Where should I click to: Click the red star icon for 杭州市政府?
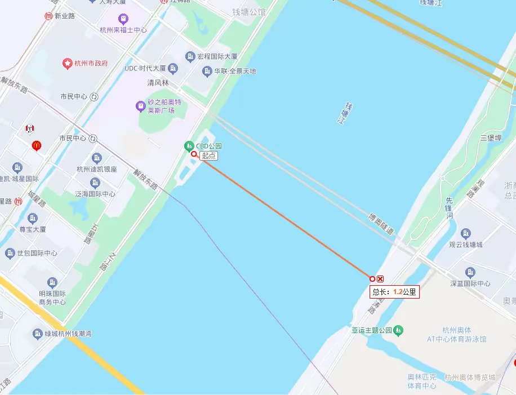pyautogui.click(x=68, y=63)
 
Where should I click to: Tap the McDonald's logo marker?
pyautogui.click(x=37, y=145)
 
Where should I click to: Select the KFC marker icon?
pyautogui.click(x=30, y=129)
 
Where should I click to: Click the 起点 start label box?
pyautogui.click(x=209, y=156)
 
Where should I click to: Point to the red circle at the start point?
pyautogui.click(x=194, y=154)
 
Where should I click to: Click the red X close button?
pyautogui.click(x=380, y=279)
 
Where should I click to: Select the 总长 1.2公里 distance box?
pyautogui.click(x=394, y=292)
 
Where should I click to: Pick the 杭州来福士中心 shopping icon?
pyautogui.click(x=123, y=20)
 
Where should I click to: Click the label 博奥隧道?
pyautogui.click(x=381, y=223)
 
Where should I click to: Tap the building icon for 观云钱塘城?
pyautogui.click(x=465, y=233)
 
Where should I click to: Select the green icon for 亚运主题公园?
pyautogui.click(x=398, y=330)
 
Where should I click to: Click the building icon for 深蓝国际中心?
pyautogui.click(x=470, y=273)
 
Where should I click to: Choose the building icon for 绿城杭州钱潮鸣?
pyautogui.click(x=38, y=334)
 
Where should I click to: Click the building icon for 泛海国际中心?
pyautogui.click(x=95, y=183)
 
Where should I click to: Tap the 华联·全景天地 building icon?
pyautogui.click(x=207, y=71)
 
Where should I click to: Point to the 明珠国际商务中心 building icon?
pyautogui.click(x=52, y=282)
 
